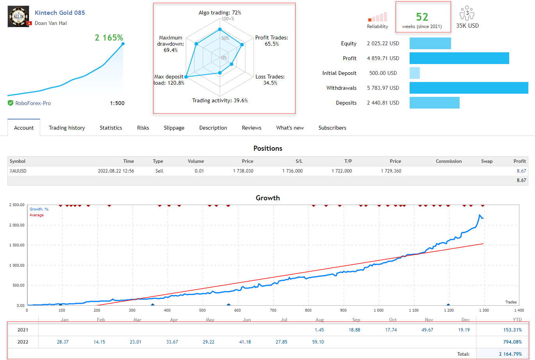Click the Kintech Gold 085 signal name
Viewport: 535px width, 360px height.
(60, 12)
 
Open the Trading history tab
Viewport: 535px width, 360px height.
(67, 128)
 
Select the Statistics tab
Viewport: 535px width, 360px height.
(111, 128)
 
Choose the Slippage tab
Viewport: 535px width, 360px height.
(174, 128)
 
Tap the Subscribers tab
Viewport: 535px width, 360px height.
(332, 128)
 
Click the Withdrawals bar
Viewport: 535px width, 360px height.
(469, 88)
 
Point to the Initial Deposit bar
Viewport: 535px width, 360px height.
(415, 73)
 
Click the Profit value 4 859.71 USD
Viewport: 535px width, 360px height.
(383, 58)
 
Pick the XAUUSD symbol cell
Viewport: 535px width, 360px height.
(18, 171)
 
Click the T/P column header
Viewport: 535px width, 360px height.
(348, 161)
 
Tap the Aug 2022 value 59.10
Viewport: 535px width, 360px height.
(318, 342)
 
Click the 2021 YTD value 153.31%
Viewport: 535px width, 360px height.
(512, 330)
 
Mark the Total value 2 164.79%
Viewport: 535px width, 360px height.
(510, 354)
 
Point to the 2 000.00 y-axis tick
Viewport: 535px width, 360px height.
(17, 225)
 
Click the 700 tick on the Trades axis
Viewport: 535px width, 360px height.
(273, 310)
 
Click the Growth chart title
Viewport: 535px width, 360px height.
(267, 198)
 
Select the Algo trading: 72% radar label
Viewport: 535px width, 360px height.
(219, 13)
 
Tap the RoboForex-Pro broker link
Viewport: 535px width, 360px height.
(33, 103)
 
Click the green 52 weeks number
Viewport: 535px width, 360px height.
(422, 17)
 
